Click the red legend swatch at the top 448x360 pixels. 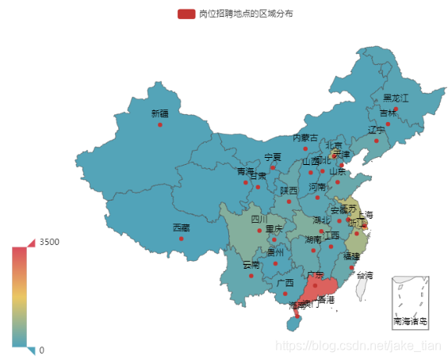point(187,13)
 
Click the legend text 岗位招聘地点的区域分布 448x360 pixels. point(235,13)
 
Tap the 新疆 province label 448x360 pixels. point(160,114)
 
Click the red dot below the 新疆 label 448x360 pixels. point(160,124)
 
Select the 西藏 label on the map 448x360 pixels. point(182,228)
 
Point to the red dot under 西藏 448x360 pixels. point(181,239)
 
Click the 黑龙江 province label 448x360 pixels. point(396,98)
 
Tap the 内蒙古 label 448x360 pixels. point(305,138)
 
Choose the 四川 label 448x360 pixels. point(260,220)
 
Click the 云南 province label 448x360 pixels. point(251,264)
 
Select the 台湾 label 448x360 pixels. point(364,275)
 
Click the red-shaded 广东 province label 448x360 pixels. point(316,275)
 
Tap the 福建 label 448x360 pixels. point(351,257)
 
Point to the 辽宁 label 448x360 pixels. point(377,130)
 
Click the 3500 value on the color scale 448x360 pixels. point(49,241)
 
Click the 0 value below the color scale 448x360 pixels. point(42,350)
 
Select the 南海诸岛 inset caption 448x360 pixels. point(410,321)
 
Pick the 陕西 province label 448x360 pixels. point(289,190)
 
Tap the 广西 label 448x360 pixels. point(285,283)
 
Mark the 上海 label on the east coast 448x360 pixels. point(366,215)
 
